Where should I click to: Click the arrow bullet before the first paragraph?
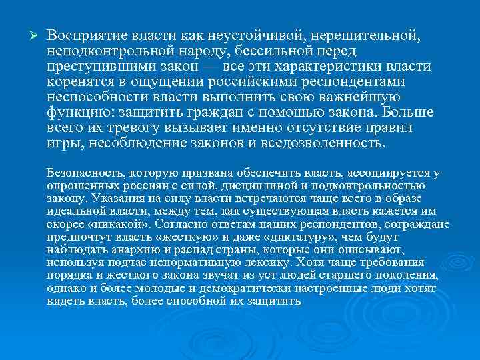click(27, 34)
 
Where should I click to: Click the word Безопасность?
click(85, 173)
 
